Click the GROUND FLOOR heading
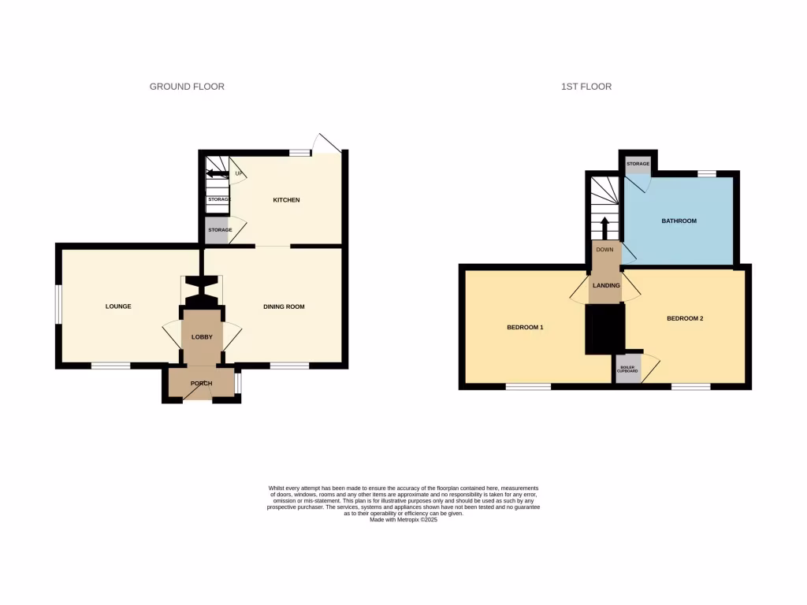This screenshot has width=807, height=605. (187, 87)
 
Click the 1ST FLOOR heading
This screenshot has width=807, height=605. (586, 87)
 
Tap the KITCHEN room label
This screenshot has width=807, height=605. (286, 200)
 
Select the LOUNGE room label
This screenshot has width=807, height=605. (118, 306)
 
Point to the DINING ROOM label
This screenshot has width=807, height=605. (284, 306)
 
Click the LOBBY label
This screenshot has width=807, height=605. (203, 337)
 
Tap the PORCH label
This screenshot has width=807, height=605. (202, 384)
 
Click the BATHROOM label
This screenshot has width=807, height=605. (679, 221)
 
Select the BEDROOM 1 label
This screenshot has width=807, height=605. (525, 327)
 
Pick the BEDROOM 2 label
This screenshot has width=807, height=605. (684, 318)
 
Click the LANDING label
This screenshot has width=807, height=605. (606, 285)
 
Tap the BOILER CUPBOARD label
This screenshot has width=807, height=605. (628, 369)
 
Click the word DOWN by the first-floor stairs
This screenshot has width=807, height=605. (604, 251)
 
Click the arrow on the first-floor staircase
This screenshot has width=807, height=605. (605, 227)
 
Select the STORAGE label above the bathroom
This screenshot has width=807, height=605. (638, 164)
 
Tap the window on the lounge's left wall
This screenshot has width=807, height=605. (58, 303)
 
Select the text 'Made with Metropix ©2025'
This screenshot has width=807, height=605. (403, 520)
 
